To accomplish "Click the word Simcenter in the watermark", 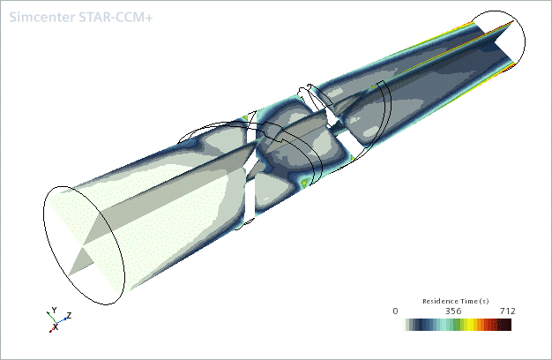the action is coord(42,17).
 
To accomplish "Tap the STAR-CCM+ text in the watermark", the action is coord(116,17).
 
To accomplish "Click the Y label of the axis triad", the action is coord(54,310).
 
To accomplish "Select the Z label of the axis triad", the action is coord(70,315).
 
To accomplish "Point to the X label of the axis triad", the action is coord(56,326).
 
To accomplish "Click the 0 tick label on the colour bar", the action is coord(395,311).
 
